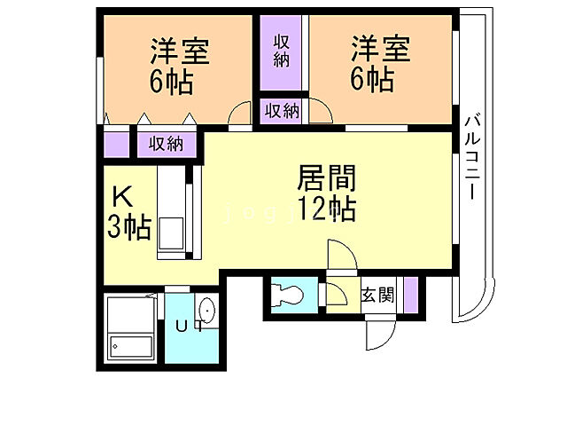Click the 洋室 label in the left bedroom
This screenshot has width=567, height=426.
179,51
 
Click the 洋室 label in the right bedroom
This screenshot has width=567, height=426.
380,51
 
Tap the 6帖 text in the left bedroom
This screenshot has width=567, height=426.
172,83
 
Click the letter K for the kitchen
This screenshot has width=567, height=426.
122,195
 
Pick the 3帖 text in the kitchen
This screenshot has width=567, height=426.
128,228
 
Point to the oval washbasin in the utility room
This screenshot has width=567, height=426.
207,311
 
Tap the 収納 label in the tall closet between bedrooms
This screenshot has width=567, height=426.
283,51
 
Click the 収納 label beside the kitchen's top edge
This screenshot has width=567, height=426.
165,143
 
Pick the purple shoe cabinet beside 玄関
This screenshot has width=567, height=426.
410,294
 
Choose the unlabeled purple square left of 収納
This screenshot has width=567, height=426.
116,143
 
